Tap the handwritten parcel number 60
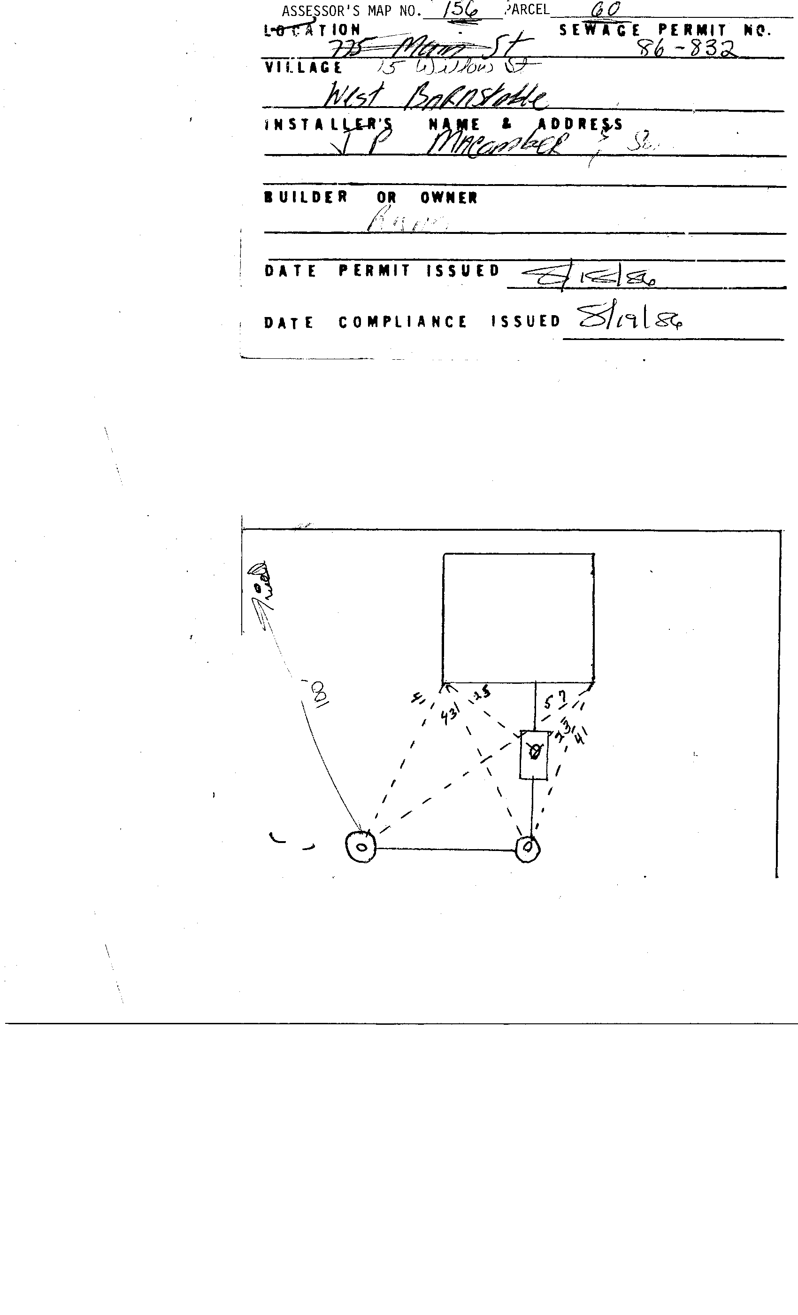coord(606,9)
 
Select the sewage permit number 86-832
coord(687,49)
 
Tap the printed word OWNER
coord(449,198)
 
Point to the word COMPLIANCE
coord(403,322)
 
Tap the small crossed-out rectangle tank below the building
coord(534,755)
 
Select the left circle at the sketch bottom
coord(361,846)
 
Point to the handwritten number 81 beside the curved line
coord(320,693)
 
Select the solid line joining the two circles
coord(445,848)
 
